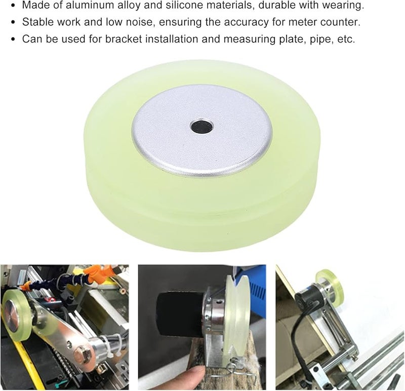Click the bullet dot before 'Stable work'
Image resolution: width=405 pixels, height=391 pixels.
tap(11, 23)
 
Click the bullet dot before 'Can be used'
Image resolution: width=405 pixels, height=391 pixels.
tap(11, 40)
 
